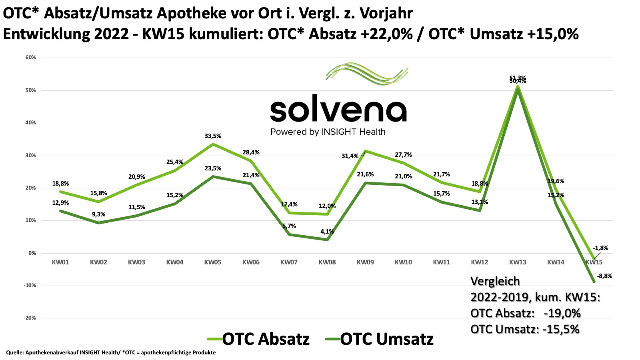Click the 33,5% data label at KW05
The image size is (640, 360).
(x=212, y=136)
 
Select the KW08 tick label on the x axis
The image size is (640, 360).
(x=327, y=262)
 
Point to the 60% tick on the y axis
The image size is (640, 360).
(x=31, y=58)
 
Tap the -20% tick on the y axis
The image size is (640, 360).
(x=30, y=318)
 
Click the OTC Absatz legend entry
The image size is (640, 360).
(x=258, y=339)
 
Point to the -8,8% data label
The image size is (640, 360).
(x=604, y=276)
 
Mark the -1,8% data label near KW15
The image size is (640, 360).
(x=600, y=248)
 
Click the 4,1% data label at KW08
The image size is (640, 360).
(x=327, y=232)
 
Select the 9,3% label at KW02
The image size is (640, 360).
(x=98, y=214)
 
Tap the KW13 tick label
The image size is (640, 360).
(x=518, y=262)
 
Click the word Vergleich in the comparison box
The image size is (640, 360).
(x=495, y=281)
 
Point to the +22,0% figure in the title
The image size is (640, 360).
(x=386, y=34)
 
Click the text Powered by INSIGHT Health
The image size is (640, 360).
(x=328, y=132)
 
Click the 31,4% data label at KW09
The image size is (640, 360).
(x=350, y=156)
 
